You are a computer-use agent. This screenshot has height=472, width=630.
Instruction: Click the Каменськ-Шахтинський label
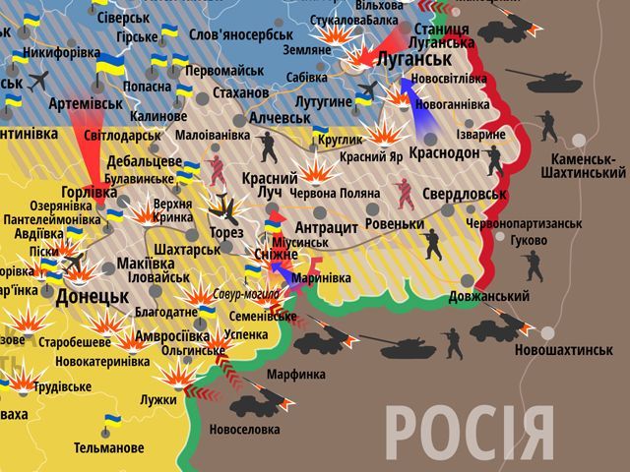coord(583,165)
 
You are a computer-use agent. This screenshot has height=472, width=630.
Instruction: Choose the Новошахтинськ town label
coord(570,350)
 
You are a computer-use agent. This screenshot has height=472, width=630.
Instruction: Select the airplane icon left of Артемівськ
coord(39,80)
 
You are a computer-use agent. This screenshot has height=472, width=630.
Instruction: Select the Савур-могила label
coord(247,293)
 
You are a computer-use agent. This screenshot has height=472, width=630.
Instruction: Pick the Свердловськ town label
coord(464,194)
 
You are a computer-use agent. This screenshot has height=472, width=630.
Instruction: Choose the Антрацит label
coord(325,226)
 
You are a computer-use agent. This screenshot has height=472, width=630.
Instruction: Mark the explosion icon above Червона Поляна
coord(317,173)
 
